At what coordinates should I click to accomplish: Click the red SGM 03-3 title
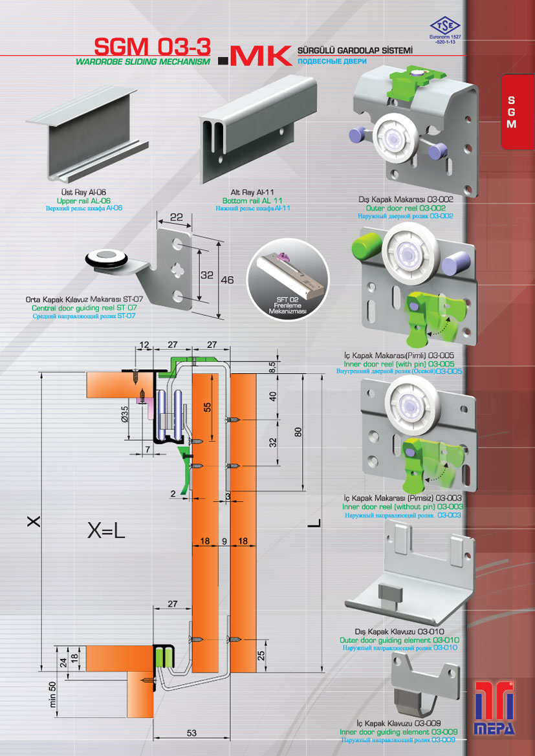coord(153,48)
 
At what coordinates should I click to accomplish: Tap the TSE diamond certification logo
coord(445,25)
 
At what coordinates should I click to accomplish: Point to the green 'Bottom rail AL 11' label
coord(252,200)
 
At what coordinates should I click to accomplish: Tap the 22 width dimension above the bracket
coord(176,217)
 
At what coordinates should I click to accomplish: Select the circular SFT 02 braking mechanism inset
coord(287,281)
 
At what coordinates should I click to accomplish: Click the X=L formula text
coord(106,532)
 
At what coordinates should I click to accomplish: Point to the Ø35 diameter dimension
coord(125,414)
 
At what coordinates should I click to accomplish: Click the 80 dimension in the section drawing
coord(298,432)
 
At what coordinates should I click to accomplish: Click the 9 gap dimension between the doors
coord(224,541)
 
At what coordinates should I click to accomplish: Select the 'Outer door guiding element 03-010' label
coord(399,640)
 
